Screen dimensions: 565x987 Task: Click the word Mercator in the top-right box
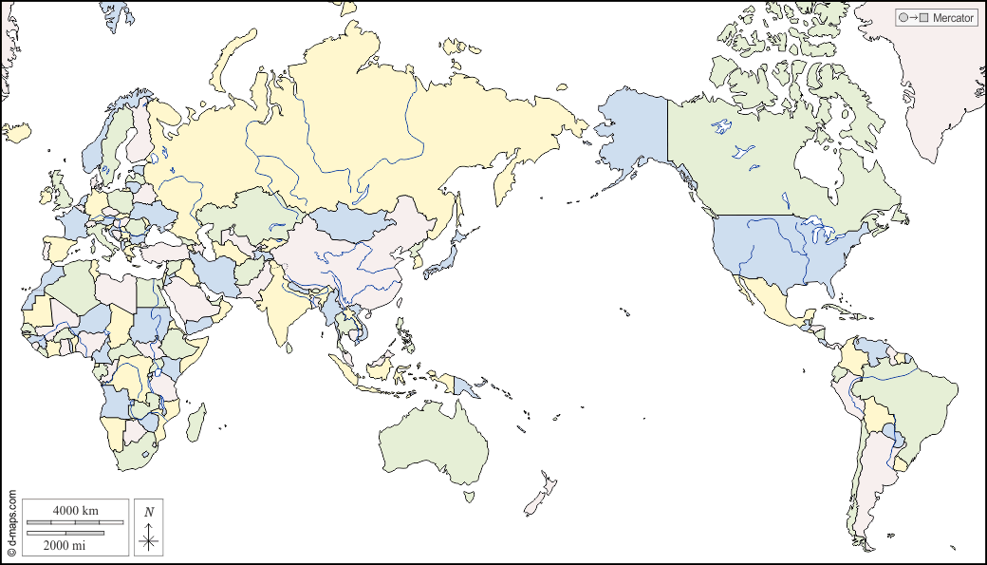tap(953, 18)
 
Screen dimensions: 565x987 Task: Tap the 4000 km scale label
tap(76, 511)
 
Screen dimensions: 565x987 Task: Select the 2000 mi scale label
tap(65, 545)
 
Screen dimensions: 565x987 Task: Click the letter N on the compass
tap(149, 512)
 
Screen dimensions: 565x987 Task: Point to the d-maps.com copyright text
tap(11, 522)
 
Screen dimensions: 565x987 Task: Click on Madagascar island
tap(196, 422)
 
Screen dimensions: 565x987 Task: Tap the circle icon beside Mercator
tap(903, 18)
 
